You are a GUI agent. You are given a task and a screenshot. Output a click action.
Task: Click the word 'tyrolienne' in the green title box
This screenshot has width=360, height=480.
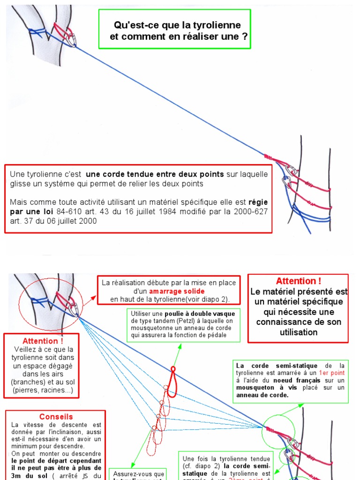click(x=219, y=25)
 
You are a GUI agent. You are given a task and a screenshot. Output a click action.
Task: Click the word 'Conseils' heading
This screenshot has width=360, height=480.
click(x=56, y=417)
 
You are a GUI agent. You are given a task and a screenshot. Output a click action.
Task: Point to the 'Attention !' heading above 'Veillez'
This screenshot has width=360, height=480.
click(x=43, y=341)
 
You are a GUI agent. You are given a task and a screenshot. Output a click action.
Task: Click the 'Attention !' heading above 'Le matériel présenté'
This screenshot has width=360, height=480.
click(x=299, y=281)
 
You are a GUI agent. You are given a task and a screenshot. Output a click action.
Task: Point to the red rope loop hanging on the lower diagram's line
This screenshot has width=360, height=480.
click(x=172, y=382)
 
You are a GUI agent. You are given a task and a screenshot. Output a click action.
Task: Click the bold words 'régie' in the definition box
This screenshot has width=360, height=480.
click(x=258, y=202)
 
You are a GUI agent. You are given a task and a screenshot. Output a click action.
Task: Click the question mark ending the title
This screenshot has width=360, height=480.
click(x=245, y=36)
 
